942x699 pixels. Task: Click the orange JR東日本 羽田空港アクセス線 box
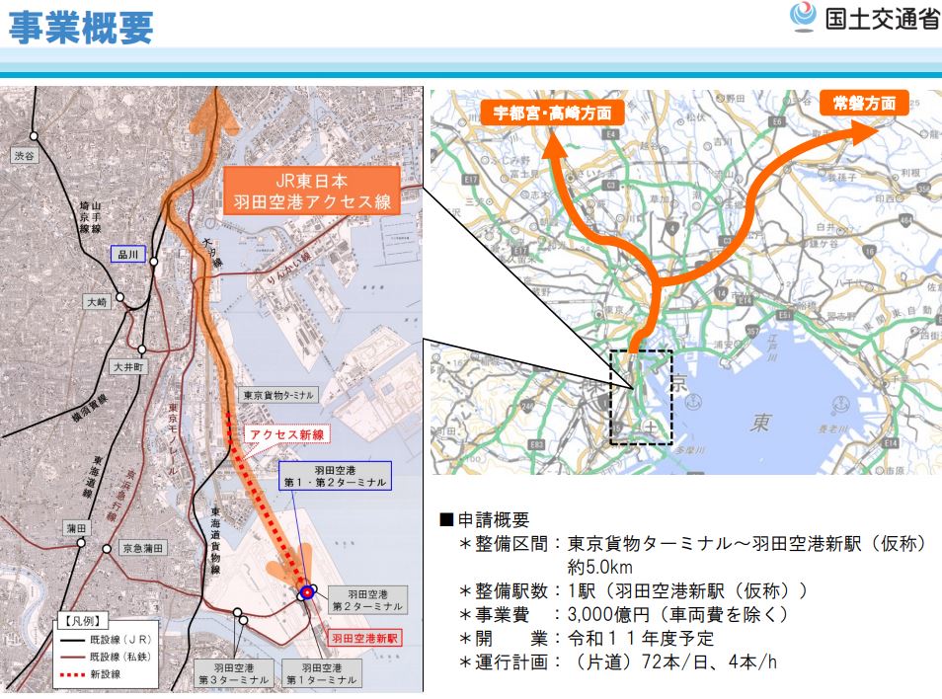coord(311,192)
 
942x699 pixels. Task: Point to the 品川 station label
coord(127,255)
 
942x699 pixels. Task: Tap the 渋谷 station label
coord(24,156)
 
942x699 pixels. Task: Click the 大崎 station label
coord(96,303)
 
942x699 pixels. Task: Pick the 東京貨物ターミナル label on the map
coord(277,395)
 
